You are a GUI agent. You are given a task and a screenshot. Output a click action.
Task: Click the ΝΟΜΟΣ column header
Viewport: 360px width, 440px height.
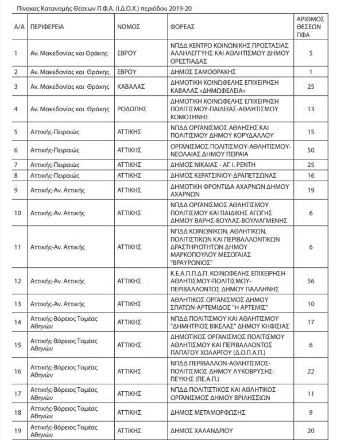click(129, 26)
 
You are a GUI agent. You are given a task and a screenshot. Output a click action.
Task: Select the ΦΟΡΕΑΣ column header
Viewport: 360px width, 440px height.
click(183, 26)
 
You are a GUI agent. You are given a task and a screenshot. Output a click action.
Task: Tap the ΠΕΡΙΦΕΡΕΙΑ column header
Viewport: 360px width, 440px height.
click(48, 26)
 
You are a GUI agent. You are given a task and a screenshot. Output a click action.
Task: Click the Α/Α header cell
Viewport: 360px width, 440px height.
click(19, 26)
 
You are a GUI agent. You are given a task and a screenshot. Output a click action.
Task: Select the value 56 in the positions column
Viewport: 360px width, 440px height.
click(310, 281)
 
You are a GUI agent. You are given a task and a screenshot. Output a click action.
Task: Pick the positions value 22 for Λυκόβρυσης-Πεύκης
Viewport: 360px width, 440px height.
click(310, 372)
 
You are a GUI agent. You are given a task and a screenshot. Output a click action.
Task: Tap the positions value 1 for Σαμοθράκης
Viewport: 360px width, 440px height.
click(310, 72)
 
